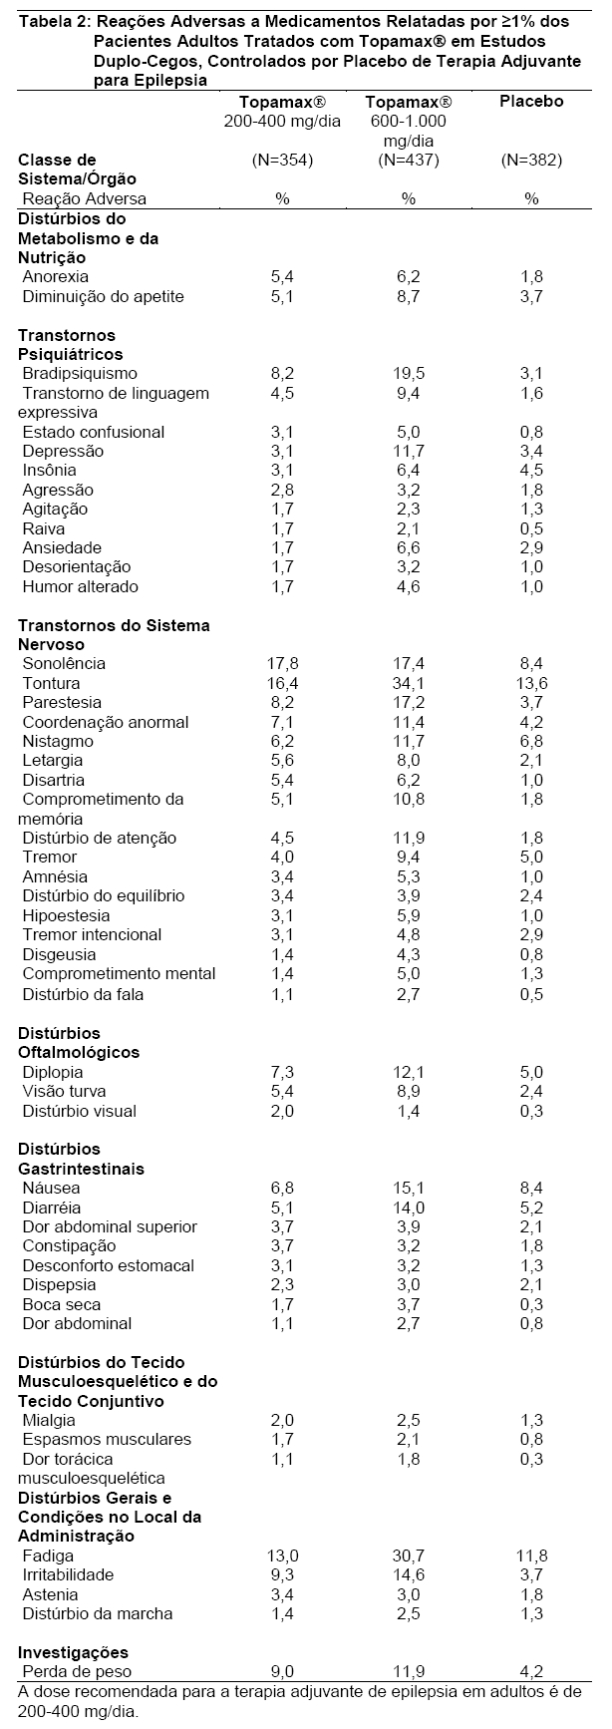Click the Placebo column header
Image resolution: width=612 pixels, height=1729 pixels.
pos(531,102)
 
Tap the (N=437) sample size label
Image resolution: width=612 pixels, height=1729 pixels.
pos(409,160)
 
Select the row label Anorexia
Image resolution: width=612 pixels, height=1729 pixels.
pos(56,276)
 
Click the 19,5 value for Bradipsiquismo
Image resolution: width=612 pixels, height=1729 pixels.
pos(409,373)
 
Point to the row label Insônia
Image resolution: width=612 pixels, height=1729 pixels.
pos(50,470)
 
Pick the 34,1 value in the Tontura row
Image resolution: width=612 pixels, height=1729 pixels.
pos(409,683)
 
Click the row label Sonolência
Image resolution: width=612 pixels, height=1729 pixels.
pos(64,663)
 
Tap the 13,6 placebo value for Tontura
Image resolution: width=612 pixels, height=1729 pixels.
pos(531,683)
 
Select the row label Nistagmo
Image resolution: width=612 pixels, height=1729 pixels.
pos(58,741)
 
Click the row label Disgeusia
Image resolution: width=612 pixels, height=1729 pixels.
pos(59,954)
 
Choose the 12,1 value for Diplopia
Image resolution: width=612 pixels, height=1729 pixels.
pos(409,1072)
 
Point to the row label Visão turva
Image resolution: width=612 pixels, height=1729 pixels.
pos(65,1091)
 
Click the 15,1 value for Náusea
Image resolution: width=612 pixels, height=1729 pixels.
pos(409,1189)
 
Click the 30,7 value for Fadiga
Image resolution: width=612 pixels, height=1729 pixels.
pos(409,1556)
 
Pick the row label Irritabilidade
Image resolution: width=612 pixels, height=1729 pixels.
pos(69,1574)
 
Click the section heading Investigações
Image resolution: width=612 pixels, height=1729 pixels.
pos(65,1652)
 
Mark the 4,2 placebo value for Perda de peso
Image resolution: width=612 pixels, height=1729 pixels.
pos(531,1671)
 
